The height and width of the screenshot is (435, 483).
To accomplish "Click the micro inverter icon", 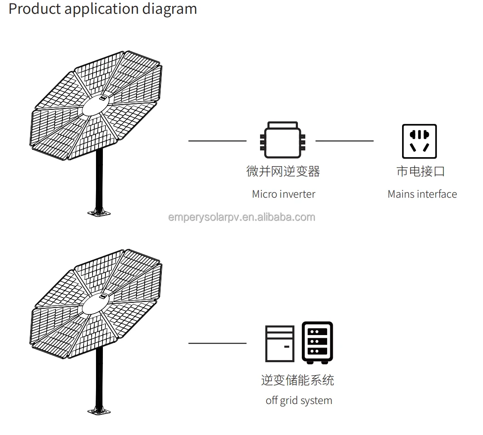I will [x=282, y=140].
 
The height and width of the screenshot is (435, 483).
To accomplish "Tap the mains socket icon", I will [x=419, y=141].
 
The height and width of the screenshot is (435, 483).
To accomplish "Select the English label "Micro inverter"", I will [x=283, y=194].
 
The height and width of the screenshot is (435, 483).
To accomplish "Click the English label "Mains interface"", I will [x=422, y=194].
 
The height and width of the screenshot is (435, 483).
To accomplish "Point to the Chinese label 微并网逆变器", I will [x=283, y=171].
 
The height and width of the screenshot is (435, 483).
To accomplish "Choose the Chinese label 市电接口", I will [x=420, y=171].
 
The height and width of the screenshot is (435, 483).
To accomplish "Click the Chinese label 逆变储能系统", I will [x=297, y=380].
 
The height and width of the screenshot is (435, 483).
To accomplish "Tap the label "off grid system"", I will [x=299, y=401].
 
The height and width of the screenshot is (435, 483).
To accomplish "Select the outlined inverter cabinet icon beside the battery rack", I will [x=280, y=343].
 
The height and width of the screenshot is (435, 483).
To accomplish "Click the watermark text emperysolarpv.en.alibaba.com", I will [x=241, y=217].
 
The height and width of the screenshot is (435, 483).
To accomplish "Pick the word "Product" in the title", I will [x=34, y=9].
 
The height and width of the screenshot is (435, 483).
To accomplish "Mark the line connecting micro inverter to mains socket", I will [x=344, y=141].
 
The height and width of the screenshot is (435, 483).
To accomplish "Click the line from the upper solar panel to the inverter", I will [x=217, y=141].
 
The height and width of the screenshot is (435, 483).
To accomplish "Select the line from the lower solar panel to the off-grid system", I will [x=217, y=343].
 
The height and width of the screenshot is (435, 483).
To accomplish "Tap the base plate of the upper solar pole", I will [x=99, y=212].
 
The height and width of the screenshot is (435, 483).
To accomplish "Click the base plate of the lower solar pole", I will [x=99, y=411].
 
